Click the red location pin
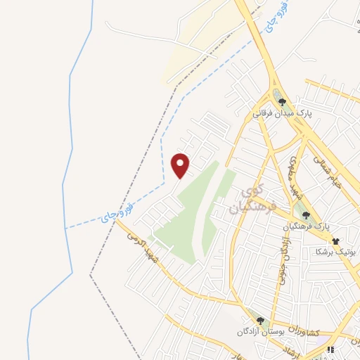181,165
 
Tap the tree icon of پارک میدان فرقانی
282,102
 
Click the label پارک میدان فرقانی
283,112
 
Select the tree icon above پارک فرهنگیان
305,215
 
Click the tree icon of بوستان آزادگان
260,321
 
